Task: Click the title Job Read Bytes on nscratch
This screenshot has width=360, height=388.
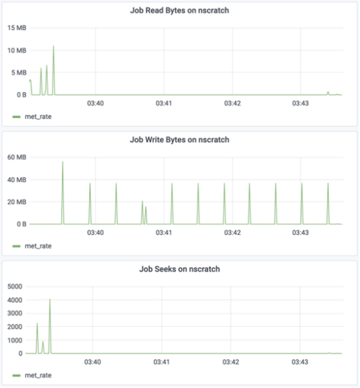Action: (179, 10)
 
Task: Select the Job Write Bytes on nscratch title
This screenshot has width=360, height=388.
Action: (179, 140)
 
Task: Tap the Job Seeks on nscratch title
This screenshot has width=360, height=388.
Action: (179, 269)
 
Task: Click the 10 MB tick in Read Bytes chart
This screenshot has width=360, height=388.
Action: (17, 50)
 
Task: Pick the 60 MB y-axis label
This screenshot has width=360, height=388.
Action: (17, 157)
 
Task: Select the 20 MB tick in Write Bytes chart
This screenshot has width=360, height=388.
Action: (17, 202)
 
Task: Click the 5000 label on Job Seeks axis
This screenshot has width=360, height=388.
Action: (15, 287)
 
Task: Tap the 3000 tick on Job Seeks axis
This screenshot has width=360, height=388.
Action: (15, 313)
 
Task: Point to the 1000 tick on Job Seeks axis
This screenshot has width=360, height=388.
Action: (15, 340)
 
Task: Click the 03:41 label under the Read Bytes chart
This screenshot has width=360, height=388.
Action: (164, 103)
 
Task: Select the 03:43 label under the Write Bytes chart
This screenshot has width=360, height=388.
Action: (301, 232)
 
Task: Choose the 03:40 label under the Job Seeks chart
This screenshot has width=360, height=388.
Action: (93, 362)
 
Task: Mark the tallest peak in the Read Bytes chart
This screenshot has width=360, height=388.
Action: (53, 46)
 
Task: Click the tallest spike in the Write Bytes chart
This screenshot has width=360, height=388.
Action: (63, 162)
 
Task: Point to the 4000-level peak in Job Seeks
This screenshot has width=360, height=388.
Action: (50, 300)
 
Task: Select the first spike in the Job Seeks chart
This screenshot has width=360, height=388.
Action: (37, 324)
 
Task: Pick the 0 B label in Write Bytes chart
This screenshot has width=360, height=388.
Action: (21, 224)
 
